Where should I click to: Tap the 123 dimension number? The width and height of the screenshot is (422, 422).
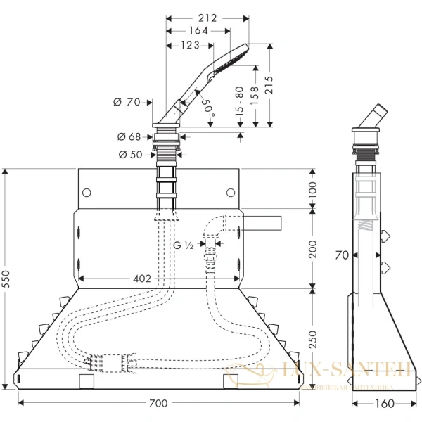[189, 45]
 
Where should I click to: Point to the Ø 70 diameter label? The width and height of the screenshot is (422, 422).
[127, 103]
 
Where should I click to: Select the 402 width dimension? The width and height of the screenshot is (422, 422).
[142, 279]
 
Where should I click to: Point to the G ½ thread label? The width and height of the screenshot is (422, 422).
[183, 245]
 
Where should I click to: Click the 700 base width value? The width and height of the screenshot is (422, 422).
[159, 403]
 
